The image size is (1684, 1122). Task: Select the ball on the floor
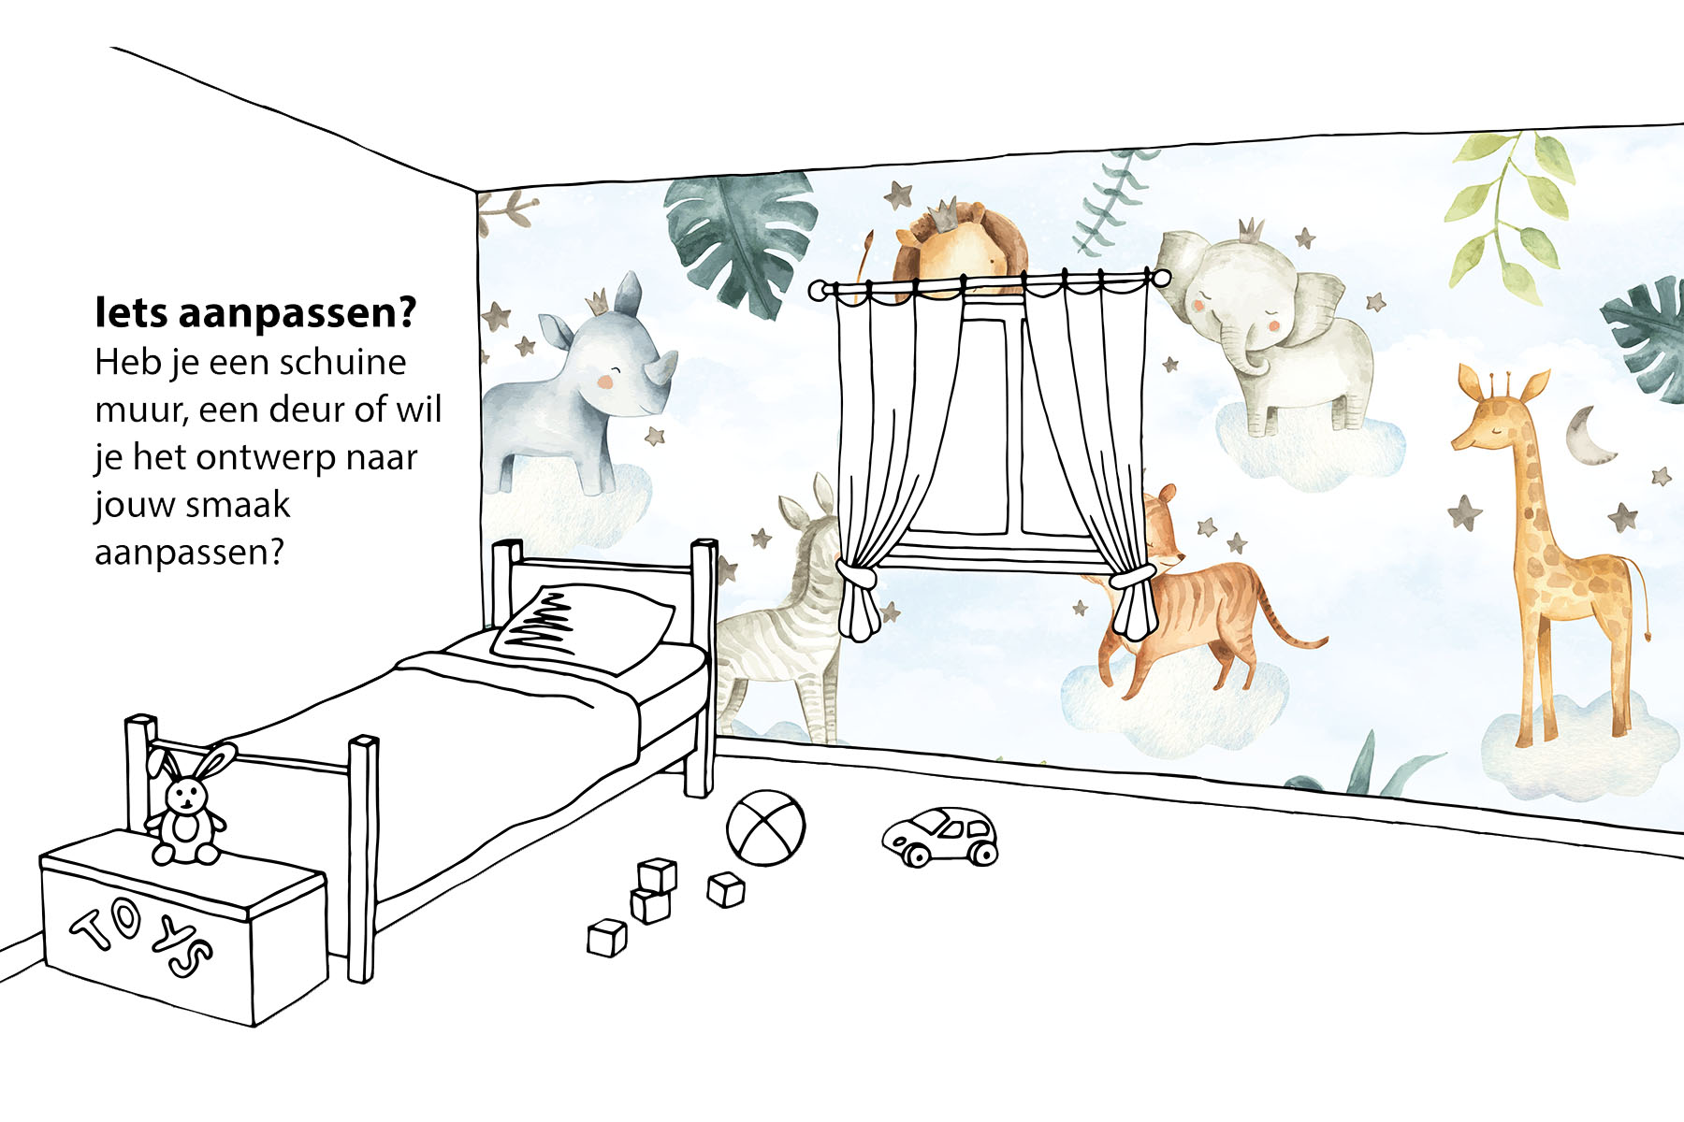[x=766, y=827]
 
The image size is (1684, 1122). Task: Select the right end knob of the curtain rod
[x=1160, y=278]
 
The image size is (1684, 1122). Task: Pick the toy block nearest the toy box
[x=607, y=938]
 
